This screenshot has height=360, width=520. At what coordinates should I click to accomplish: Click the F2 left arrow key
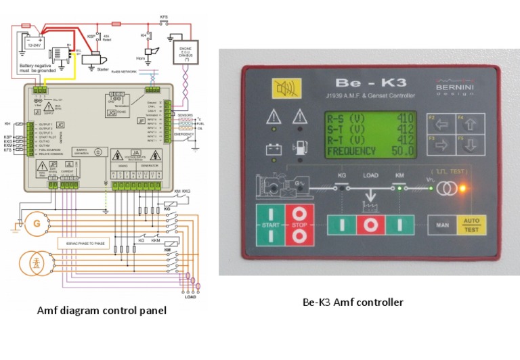(441, 125)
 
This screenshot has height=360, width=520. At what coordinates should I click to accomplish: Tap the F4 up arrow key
(470, 125)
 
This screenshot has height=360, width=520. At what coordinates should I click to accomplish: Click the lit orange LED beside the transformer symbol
(463, 189)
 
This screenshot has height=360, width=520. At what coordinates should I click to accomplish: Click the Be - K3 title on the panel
(366, 83)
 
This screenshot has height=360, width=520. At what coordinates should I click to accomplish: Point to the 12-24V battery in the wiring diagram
(34, 43)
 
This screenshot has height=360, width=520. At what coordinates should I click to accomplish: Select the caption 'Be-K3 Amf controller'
(352, 302)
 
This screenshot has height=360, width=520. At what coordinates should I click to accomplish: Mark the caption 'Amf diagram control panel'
(101, 311)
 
